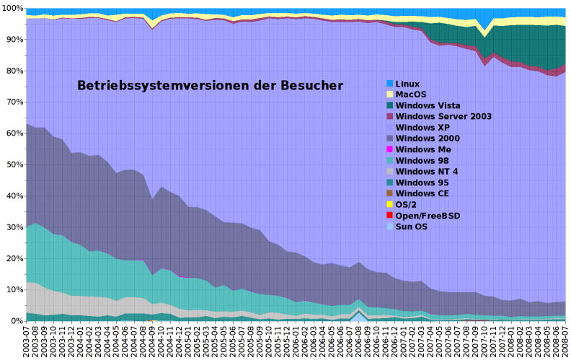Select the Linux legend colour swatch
(389, 84)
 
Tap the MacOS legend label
(412, 95)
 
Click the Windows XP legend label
(428, 127)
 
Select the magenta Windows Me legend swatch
(389, 149)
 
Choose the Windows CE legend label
(426, 193)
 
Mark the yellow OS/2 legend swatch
(389, 204)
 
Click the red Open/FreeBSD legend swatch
(389, 215)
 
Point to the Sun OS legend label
(413, 227)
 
